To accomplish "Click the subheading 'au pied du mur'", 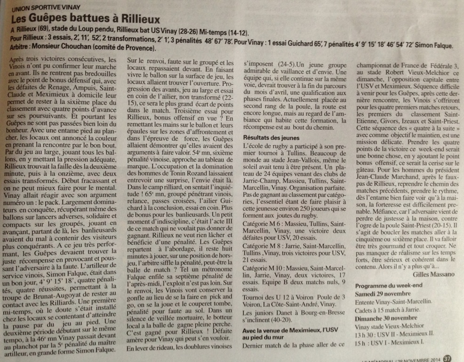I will [264, 337].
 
